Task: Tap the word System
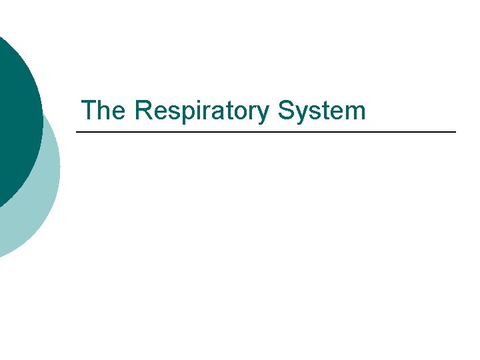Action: pos(323,111)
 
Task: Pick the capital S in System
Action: pos(287,111)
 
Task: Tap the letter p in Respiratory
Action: pos(173,113)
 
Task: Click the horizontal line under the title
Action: pos(267,133)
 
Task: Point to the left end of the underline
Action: pos(77,133)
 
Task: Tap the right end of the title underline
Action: pos(455,133)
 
